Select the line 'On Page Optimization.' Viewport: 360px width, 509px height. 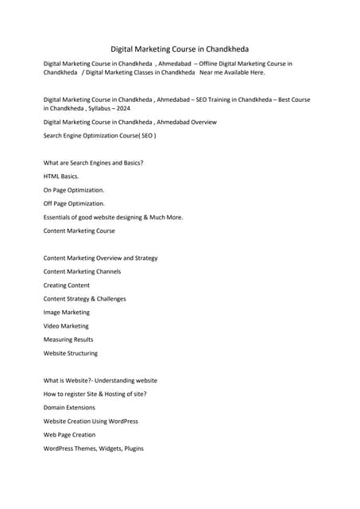(74, 190)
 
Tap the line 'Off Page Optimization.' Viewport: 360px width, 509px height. (74, 204)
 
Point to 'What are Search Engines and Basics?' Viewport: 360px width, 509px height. (93, 162)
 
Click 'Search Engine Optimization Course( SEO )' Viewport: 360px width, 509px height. (99, 136)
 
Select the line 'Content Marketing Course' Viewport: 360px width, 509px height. (79, 231)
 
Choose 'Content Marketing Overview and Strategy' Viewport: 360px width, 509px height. (100, 258)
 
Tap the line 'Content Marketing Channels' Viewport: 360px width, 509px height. (82, 271)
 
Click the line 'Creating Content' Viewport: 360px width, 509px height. (67, 285)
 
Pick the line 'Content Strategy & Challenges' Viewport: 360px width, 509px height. (84, 298)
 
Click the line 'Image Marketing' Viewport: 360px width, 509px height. (67, 312)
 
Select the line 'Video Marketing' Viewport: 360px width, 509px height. (66, 326)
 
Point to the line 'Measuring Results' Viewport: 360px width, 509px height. (68, 340)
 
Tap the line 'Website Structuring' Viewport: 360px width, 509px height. (71, 353)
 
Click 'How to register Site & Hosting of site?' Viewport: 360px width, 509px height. (95, 394)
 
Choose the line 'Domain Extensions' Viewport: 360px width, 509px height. (69, 407)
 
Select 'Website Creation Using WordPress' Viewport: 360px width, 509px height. (91, 421)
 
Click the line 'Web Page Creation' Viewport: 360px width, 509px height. (69, 434)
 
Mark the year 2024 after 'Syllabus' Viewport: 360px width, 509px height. (122, 107)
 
